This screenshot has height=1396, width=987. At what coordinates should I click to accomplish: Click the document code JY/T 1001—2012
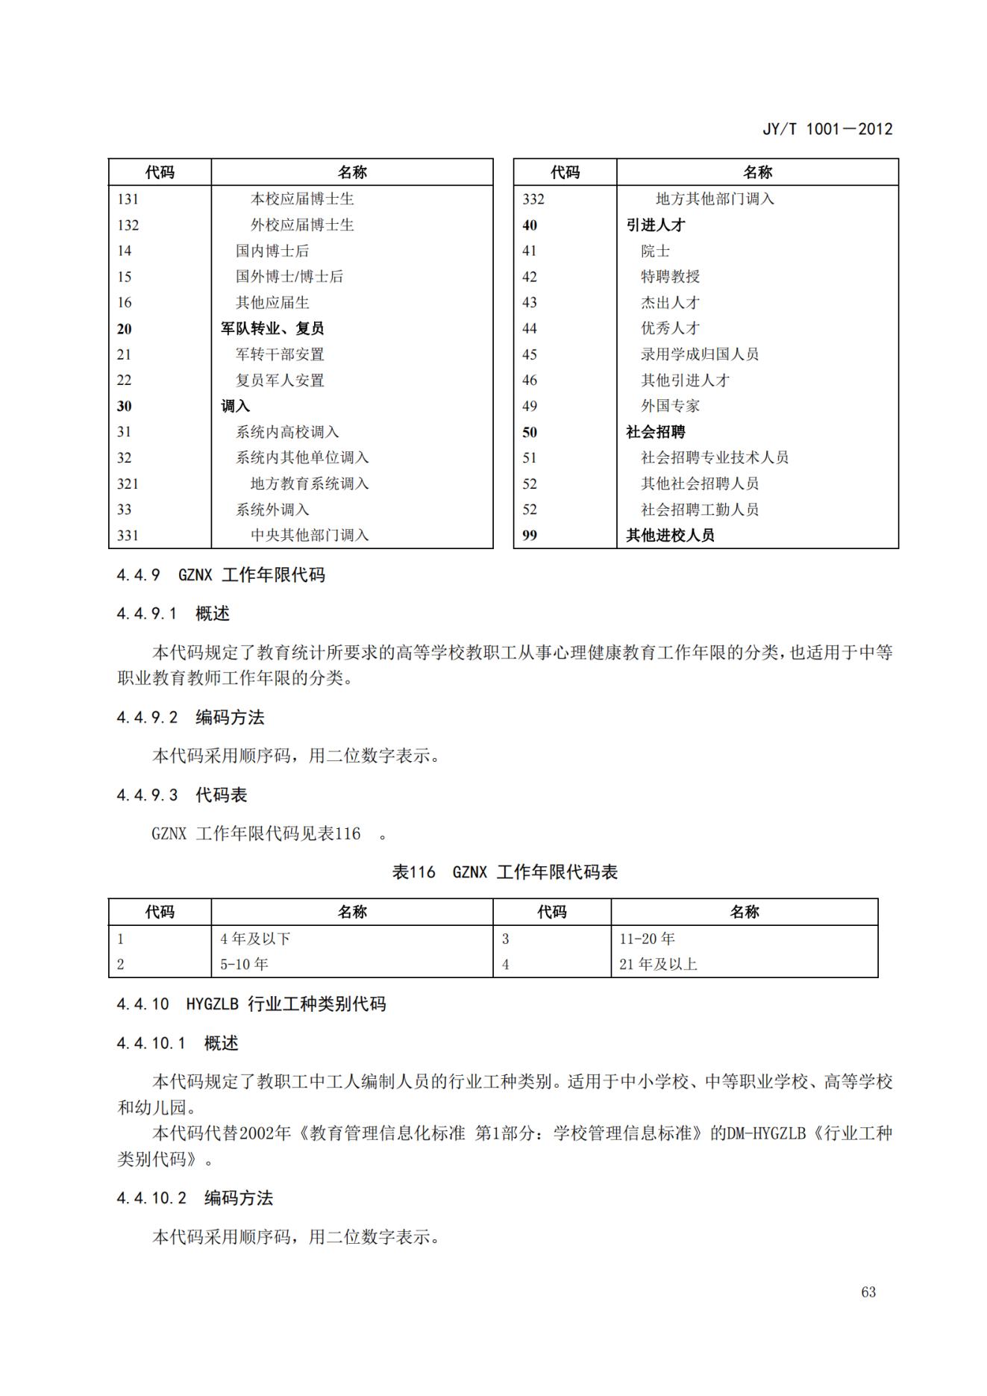tap(827, 129)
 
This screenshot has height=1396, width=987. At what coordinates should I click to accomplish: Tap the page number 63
tap(868, 1292)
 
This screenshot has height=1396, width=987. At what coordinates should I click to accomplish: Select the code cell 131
tap(128, 199)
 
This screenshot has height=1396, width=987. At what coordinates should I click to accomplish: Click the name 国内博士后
tap(272, 251)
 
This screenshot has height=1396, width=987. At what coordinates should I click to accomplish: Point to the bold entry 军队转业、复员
tap(272, 328)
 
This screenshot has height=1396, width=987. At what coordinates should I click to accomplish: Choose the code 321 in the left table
tap(128, 483)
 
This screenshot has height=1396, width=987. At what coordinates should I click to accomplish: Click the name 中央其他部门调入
tap(310, 535)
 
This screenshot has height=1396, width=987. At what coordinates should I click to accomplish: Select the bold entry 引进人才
tap(655, 225)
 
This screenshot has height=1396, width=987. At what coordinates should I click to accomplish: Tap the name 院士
tap(655, 251)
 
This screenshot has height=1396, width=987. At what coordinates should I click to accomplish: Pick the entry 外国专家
tap(670, 406)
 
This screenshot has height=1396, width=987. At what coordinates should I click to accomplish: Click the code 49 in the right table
tap(530, 406)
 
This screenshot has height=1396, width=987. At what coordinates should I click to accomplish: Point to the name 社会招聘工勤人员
tap(699, 510)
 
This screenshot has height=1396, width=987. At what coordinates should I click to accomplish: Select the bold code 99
tap(530, 535)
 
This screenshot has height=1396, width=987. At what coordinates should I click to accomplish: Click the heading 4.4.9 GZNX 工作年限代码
tap(221, 575)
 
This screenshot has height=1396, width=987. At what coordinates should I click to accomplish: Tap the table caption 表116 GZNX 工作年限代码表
tap(505, 872)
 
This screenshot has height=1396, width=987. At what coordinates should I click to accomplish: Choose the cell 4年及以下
tap(255, 939)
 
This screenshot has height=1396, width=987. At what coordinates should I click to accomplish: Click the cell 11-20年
tap(647, 939)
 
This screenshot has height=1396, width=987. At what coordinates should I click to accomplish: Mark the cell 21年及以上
tap(658, 964)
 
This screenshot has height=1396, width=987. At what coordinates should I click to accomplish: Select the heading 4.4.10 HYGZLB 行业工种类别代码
tap(251, 1004)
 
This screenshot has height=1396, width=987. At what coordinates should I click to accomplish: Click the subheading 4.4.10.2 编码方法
tap(195, 1198)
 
